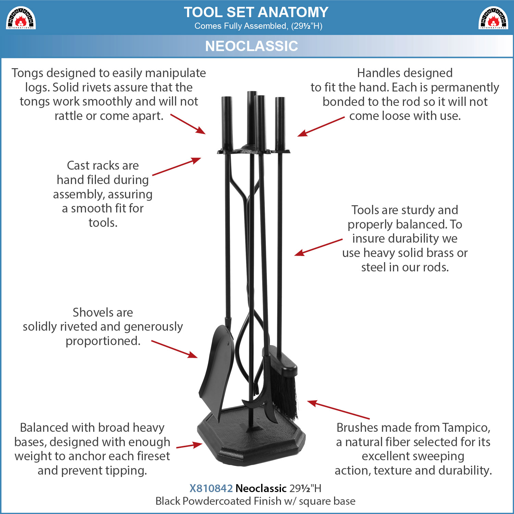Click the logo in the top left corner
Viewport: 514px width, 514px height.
[x=21, y=18]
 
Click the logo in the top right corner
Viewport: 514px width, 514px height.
[x=493, y=18]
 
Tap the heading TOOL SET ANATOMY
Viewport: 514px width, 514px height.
[x=256, y=12]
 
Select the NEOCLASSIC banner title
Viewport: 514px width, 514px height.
[x=252, y=46]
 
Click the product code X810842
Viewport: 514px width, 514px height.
[x=211, y=488]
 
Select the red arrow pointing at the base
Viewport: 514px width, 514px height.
[x=189, y=445]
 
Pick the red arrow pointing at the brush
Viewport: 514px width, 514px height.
[x=339, y=409]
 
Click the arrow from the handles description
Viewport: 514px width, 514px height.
[x=321, y=126]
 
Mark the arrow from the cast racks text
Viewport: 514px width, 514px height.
[x=176, y=167]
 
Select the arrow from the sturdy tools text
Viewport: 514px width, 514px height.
[x=318, y=247]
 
